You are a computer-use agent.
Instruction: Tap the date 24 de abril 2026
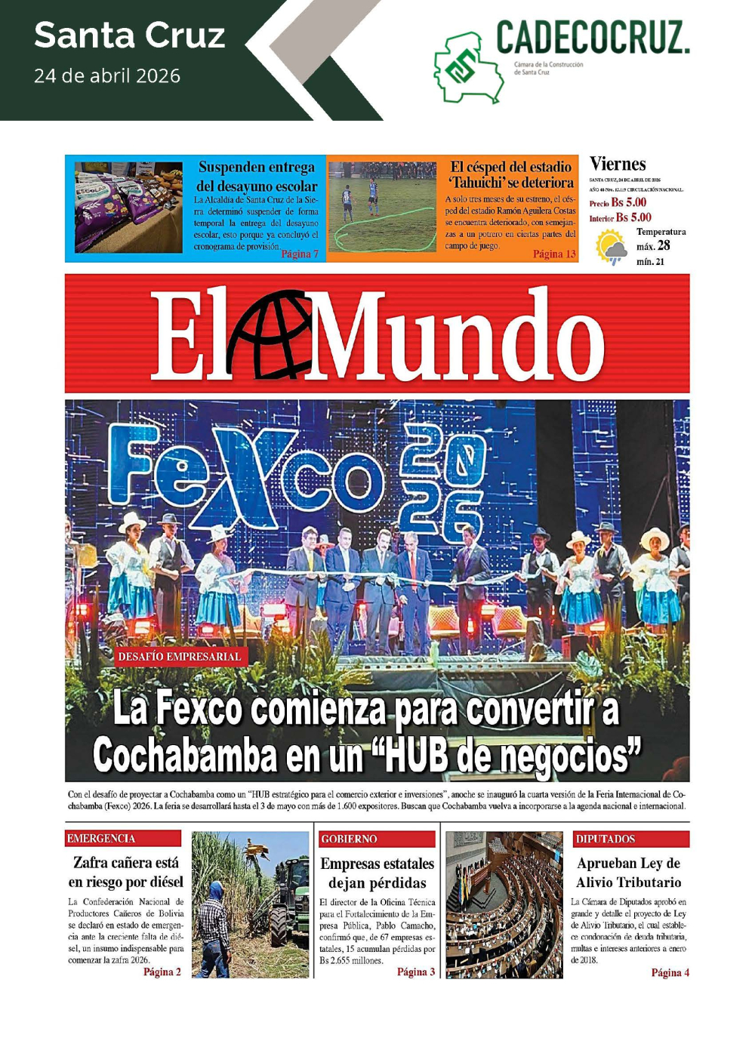coord(107,76)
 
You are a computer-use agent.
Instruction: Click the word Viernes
coord(618,165)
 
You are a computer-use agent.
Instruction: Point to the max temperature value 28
coord(663,245)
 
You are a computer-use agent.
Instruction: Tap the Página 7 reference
coord(300,254)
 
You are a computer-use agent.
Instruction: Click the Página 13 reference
coord(554,254)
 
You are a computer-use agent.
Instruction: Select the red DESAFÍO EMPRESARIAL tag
coord(180,657)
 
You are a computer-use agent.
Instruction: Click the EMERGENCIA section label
coord(101,839)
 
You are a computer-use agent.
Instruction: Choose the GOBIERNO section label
coord(349,839)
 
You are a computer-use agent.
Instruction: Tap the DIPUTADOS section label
coord(606,839)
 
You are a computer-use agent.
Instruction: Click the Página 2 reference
coord(162,972)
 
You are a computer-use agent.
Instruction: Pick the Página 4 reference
coord(670,972)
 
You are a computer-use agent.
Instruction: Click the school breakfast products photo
coord(128,207)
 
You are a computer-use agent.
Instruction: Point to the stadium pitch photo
coord(383,207)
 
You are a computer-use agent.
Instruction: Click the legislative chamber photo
coord(504,904)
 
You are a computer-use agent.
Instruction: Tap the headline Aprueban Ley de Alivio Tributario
coord(628,873)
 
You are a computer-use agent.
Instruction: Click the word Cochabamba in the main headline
coord(184,755)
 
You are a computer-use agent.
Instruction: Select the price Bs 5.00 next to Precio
coord(629,202)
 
